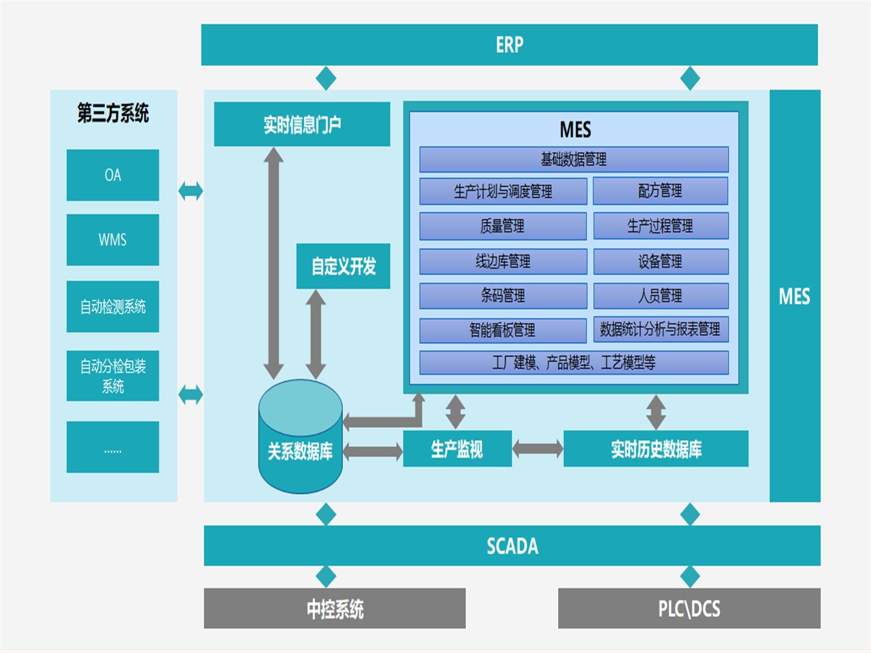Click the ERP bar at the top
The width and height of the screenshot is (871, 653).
pyautogui.click(x=509, y=45)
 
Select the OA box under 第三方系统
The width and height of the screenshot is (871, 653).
pyautogui.click(x=113, y=175)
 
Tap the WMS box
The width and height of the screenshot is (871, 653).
pyautogui.click(x=113, y=240)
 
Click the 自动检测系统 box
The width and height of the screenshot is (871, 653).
pyautogui.click(x=113, y=307)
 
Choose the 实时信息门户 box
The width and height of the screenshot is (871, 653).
pyautogui.click(x=302, y=124)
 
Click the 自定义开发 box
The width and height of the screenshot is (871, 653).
pyautogui.click(x=343, y=266)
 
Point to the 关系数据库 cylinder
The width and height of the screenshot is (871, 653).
pyautogui.click(x=300, y=442)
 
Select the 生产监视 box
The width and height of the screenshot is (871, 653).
pyautogui.click(x=457, y=449)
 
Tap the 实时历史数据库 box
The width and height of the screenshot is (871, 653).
pyautogui.click(x=656, y=449)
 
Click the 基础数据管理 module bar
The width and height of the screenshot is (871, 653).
pyautogui.click(x=574, y=159)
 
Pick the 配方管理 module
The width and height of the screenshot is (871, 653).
pyautogui.click(x=660, y=191)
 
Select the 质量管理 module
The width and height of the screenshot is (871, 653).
pyautogui.click(x=503, y=226)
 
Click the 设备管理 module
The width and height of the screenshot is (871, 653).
pyautogui.click(x=660, y=261)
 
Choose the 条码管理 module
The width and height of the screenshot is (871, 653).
pyautogui.click(x=503, y=295)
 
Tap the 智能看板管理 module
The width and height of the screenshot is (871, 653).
pyautogui.click(x=503, y=330)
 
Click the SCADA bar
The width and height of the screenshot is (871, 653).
pyautogui.click(x=512, y=546)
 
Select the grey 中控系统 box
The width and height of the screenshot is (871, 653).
pyautogui.click(x=335, y=608)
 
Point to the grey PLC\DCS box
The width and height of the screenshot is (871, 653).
pyautogui.click(x=689, y=608)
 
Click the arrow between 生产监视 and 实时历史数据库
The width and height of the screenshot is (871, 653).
pyautogui.click(x=538, y=448)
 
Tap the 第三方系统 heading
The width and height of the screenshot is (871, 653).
pyautogui.click(x=113, y=113)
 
